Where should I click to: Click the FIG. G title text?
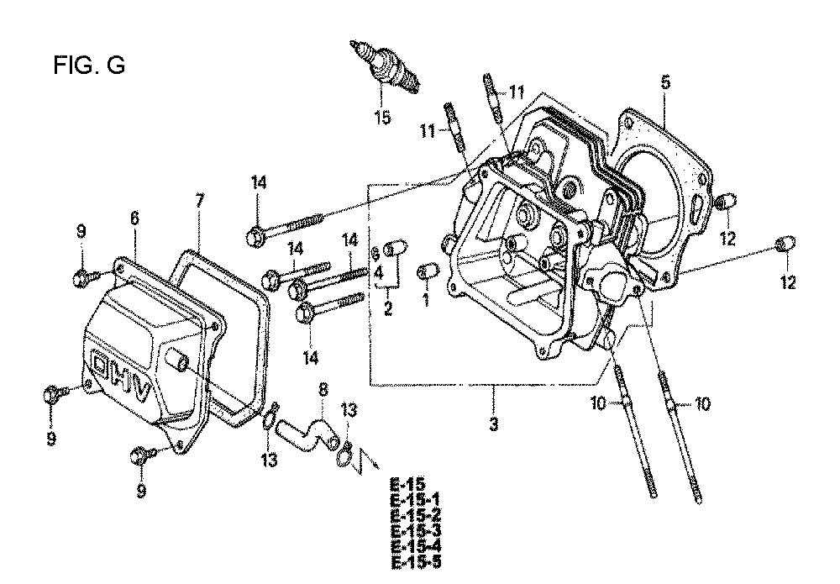[x=88, y=66]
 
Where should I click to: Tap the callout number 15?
[x=382, y=118]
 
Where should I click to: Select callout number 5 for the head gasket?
[x=665, y=82]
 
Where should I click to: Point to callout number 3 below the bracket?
[x=493, y=425]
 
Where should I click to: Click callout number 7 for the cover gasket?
[x=199, y=201]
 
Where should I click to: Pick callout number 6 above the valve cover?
[x=134, y=217]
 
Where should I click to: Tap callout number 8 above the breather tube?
[x=321, y=390]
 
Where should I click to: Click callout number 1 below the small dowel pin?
[x=425, y=298]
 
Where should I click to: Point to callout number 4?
[x=379, y=273]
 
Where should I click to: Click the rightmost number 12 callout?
[x=787, y=283]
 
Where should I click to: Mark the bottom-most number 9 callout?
[x=141, y=490]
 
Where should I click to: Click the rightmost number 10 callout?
[x=702, y=404]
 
